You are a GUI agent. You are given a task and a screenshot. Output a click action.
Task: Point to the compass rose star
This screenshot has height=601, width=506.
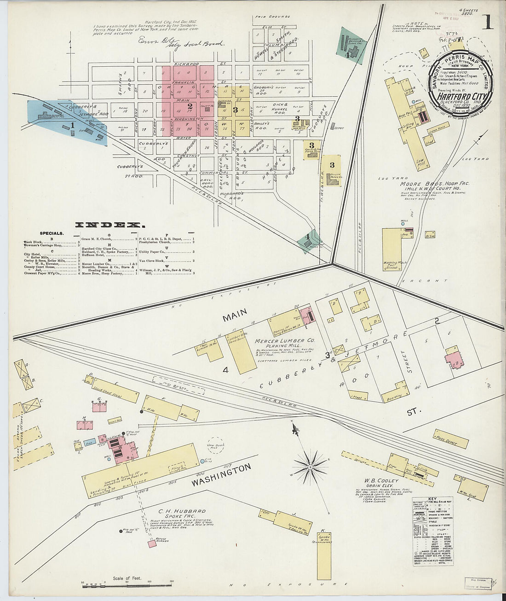310,467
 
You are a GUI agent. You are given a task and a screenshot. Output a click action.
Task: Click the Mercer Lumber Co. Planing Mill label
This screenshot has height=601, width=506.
284,341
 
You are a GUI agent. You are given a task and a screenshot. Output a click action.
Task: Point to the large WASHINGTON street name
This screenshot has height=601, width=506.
221,476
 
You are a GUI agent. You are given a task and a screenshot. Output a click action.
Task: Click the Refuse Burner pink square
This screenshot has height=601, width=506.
152,544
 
